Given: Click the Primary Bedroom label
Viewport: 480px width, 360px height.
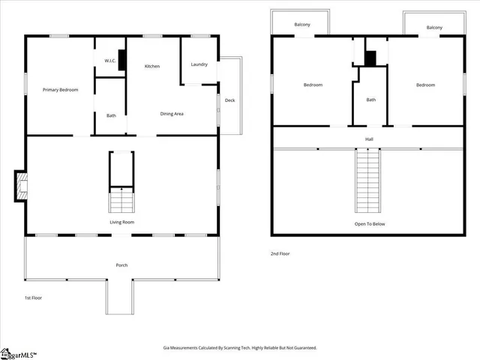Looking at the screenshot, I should pyautogui.click(x=61, y=90).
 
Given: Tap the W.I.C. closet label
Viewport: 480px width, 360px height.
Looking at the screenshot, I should pyautogui.click(x=109, y=61).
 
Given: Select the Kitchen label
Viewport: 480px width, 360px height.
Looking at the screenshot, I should pyautogui.click(x=152, y=67).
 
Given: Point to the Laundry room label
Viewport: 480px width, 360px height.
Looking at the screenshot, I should pyautogui.click(x=199, y=64).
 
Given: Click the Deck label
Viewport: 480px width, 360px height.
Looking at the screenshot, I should pyautogui.click(x=229, y=100).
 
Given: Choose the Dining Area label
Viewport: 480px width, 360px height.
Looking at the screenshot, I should pyautogui.click(x=172, y=114).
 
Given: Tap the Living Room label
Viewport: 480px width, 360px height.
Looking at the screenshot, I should pyautogui.click(x=121, y=222).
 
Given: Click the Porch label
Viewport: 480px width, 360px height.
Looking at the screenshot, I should pyautogui.click(x=121, y=265).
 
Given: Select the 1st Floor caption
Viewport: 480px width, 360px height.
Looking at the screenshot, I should pyautogui.click(x=32, y=298).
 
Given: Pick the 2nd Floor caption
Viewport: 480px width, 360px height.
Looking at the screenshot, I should pyautogui.click(x=280, y=253).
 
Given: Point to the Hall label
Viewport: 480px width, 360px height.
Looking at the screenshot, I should pyautogui.click(x=369, y=139).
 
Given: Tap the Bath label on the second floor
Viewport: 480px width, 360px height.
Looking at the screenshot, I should pyautogui.click(x=370, y=100).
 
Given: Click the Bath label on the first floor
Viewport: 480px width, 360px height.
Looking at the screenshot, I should pyautogui.click(x=111, y=115).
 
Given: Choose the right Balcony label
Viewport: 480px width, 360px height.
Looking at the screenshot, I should pyautogui.click(x=433, y=28).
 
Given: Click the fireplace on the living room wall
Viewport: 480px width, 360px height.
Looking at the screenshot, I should pyautogui.click(x=20, y=186).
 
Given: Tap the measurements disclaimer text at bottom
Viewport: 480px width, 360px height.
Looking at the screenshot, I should pyautogui.click(x=240, y=347).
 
